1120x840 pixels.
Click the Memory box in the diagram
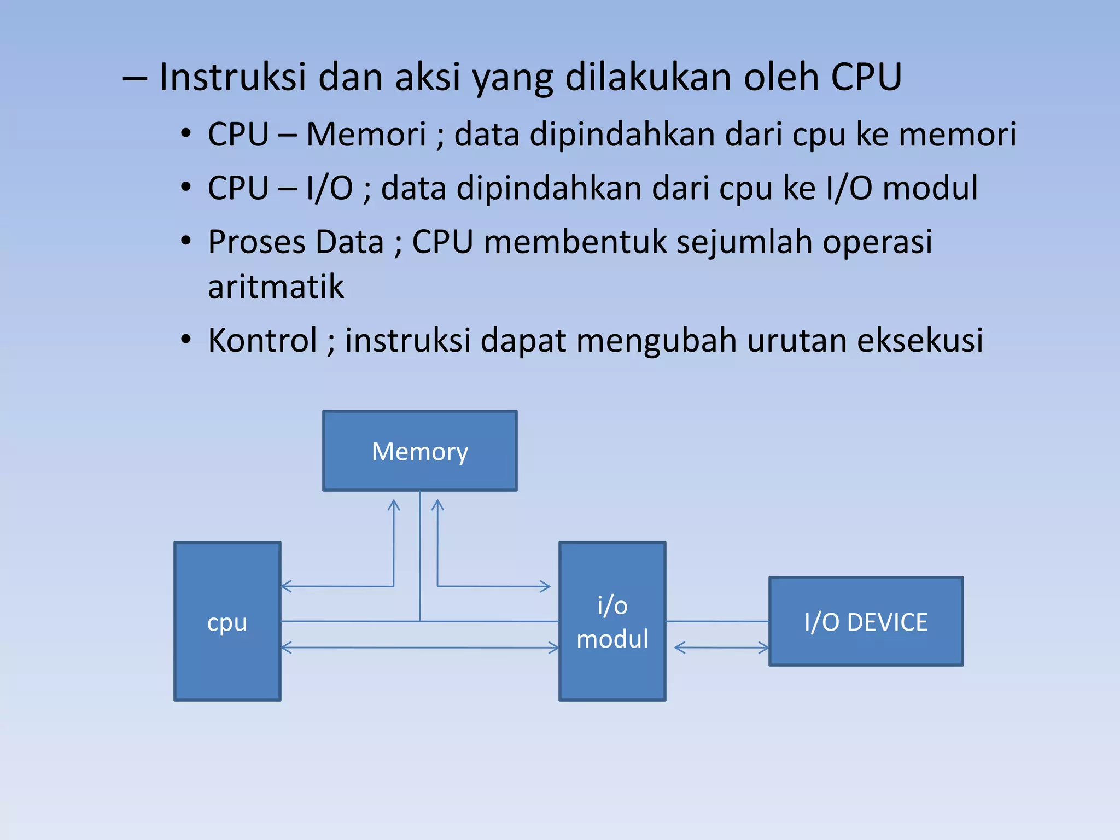pyautogui.click(x=419, y=451)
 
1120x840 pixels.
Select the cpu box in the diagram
pyautogui.click(x=227, y=621)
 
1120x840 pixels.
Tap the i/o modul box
pyautogui.click(x=612, y=621)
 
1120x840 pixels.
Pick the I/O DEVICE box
pyautogui.click(x=866, y=621)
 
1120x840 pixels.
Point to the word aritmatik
pyautogui.click(x=276, y=287)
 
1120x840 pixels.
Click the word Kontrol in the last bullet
pyautogui.click(x=262, y=340)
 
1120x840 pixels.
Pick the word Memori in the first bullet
pyautogui.click(x=366, y=134)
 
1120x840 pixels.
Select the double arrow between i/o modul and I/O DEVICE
pyautogui.click(x=721, y=648)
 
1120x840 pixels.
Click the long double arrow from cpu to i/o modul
pyautogui.click(x=419, y=648)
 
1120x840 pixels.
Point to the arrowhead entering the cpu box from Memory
pyautogui.click(x=287, y=587)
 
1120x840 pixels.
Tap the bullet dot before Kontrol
pyautogui.click(x=186, y=340)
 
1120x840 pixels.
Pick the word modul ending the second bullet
pyautogui.click(x=930, y=188)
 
